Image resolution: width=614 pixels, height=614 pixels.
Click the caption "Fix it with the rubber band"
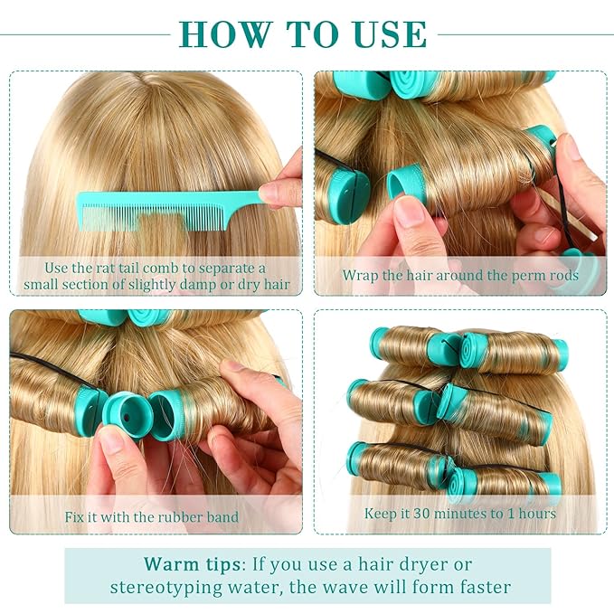152,517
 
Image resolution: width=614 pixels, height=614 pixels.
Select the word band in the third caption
222,517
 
